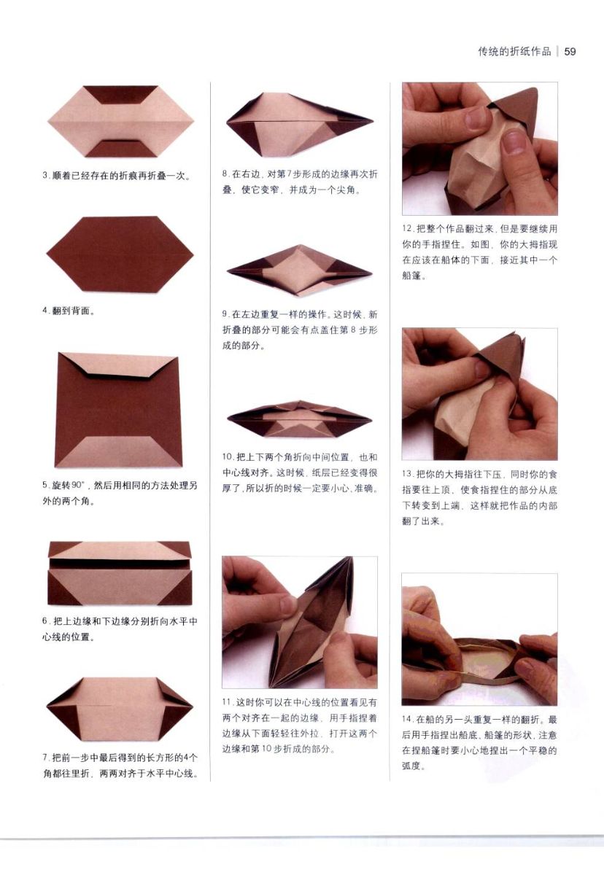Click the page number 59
tap(570, 52)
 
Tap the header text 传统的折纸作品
tap(514, 52)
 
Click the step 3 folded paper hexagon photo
tap(120, 122)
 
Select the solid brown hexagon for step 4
tap(120, 254)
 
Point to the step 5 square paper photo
tap(119, 410)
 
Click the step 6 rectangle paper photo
tap(120, 573)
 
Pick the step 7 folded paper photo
tap(120, 709)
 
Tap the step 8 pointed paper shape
tap(300, 124)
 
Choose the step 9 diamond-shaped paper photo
tap(300, 270)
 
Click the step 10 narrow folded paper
tap(300, 420)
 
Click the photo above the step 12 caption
tap(480, 149)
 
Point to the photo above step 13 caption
tap(480, 394)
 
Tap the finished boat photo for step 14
tap(480, 639)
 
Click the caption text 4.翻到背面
tap(69, 311)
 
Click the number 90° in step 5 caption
tap(79, 485)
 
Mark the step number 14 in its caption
tap(408, 719)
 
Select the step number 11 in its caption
tap(228, 702)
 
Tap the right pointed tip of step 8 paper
tap(373, 121)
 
